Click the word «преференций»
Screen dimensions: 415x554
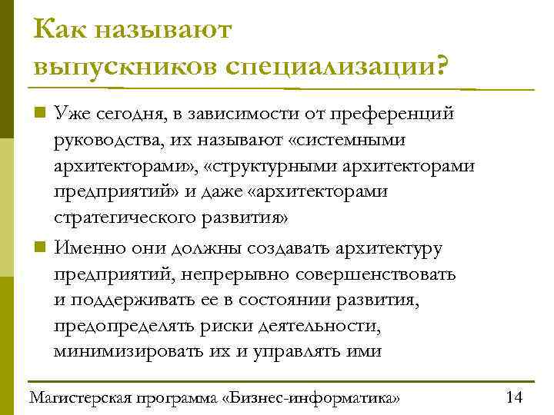pos(392,115)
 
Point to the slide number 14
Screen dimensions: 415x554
pos(514,397)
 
